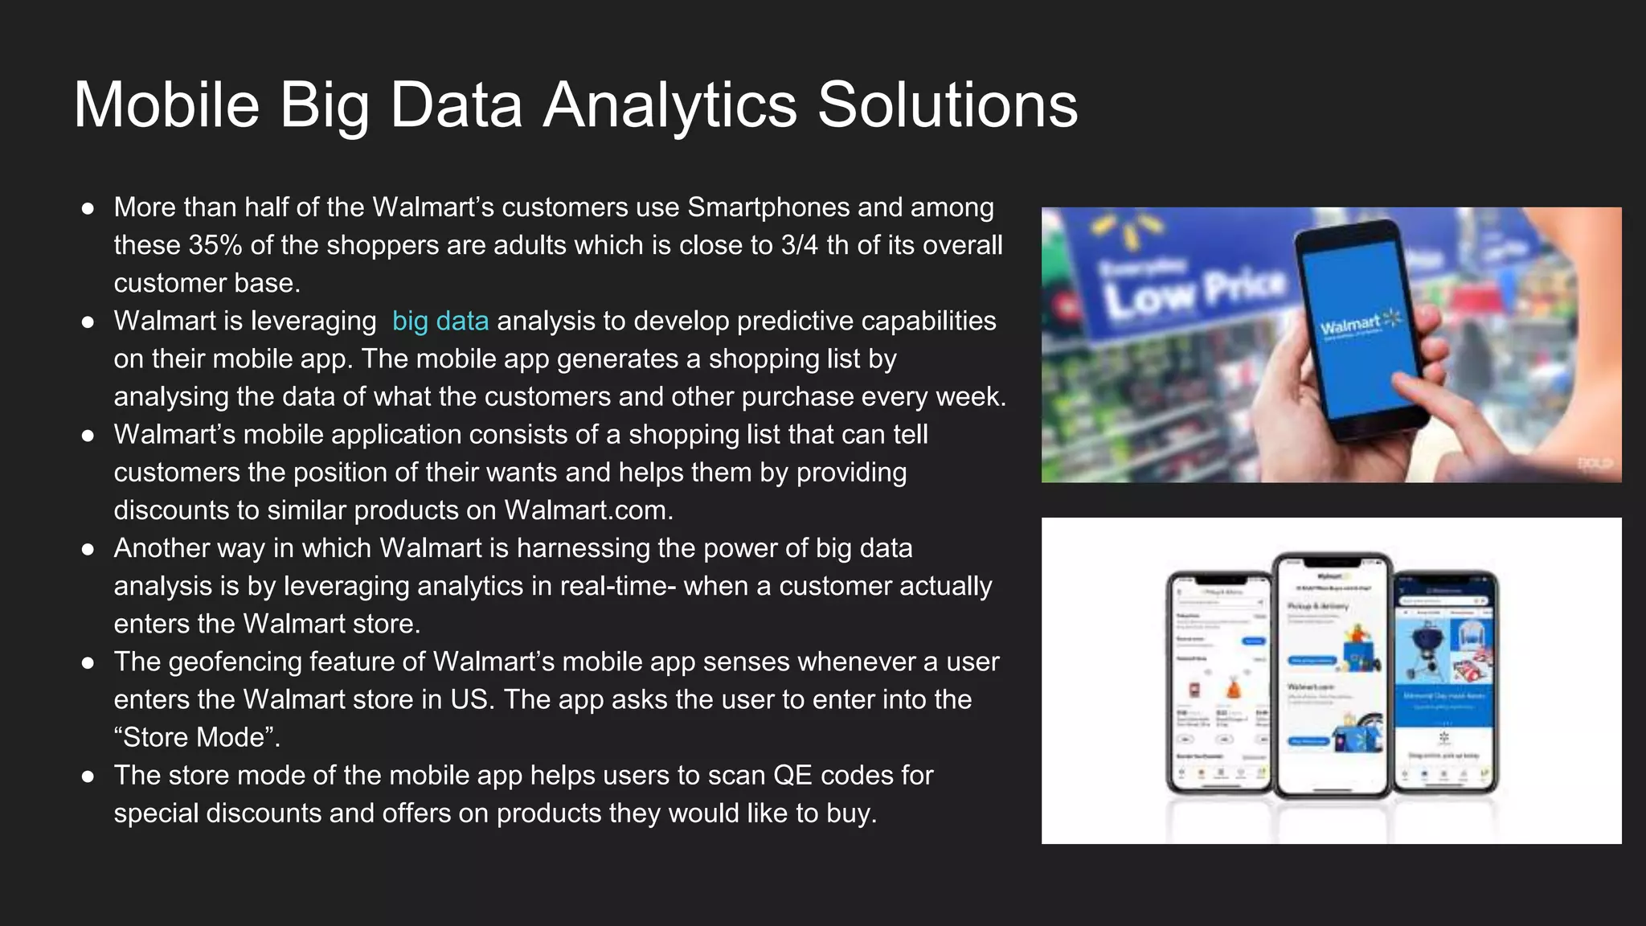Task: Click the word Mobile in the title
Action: (166, 105)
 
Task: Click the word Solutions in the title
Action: (947, 105)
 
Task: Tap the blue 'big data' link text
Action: (440, 321)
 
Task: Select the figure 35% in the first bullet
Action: (215, 245)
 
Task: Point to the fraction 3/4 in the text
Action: (799, 245)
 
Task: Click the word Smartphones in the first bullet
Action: (768, 207)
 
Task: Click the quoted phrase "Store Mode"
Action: (197, 737)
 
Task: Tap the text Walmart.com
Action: (587, 510)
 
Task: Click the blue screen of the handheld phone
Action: (1358, 322)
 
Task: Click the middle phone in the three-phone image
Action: (1331, 675)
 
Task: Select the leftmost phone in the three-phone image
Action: (1218, 683)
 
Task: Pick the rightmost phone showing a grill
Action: (1445, 683)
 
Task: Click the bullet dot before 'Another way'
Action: (88, 549)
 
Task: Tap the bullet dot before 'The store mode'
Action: (88, 776)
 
